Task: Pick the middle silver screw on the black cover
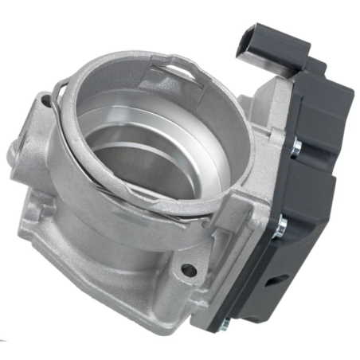[280, 229]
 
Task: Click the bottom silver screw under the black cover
[225, 323]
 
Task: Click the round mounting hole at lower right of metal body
[189, 271]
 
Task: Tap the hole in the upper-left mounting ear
[46, 100]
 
